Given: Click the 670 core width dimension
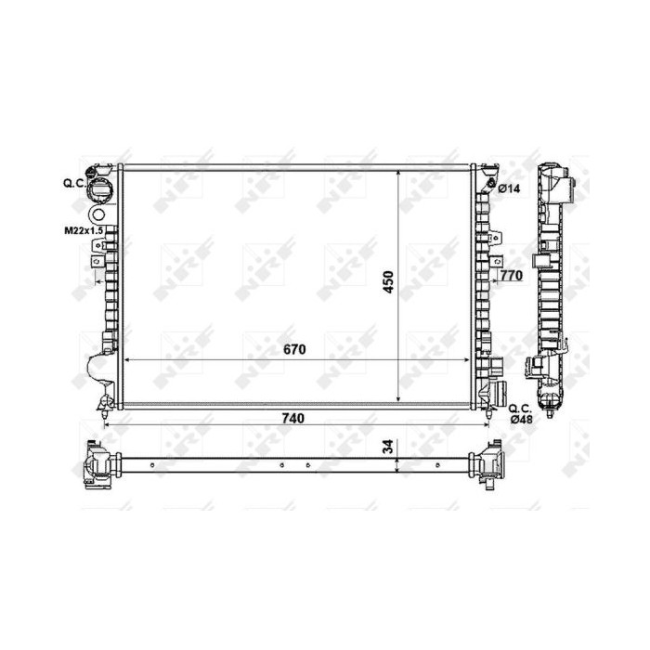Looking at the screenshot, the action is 294,349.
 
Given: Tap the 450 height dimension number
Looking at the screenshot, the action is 388,282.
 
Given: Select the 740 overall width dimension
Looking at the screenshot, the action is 293,418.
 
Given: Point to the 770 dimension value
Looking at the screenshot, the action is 511,275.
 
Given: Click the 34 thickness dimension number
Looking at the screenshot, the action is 388,447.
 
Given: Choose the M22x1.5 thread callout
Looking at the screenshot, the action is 84,231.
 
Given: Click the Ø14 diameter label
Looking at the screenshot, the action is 509,189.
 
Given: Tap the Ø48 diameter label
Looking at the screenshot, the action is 521,419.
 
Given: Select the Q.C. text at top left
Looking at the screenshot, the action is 74,183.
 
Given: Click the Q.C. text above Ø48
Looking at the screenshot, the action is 520,409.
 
